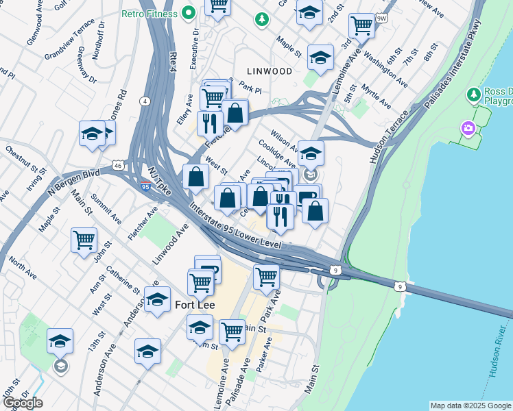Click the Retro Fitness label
(x=149, y=13)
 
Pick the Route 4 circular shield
(x=145, y=101)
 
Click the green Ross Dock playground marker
(x=472, y=93)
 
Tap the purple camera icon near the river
(x=468, y=128)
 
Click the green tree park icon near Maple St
(x=261, y=19)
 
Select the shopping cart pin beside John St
(x=84, y=241)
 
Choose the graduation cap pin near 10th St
(x=60, y=341)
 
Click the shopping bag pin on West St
(x=196, y=177)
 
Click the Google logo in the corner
(x=23, y=403)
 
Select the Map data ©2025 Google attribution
(x=470, y=406)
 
